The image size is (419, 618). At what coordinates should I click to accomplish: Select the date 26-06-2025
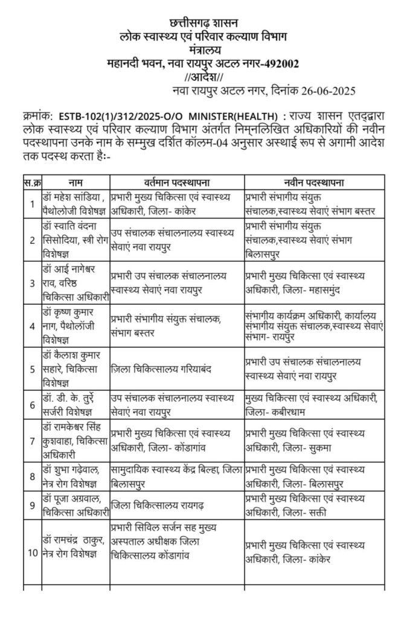click(x=322, y=91)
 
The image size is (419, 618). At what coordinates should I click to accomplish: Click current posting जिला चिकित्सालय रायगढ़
click(x=176, y=502)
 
